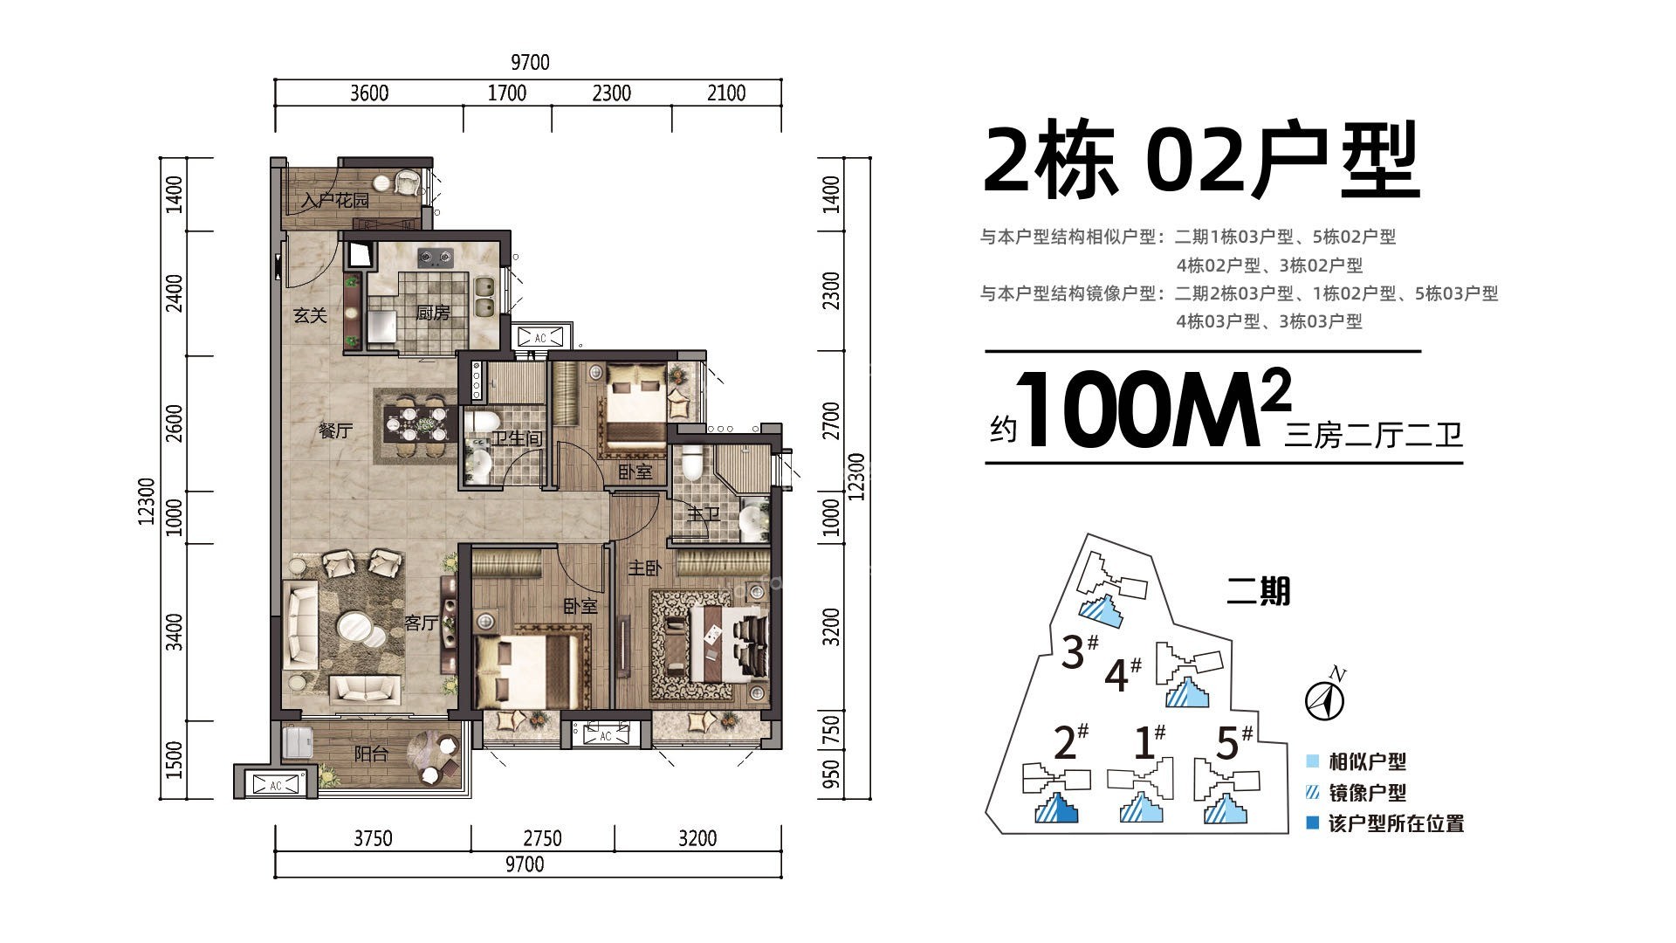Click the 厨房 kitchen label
point(433,313)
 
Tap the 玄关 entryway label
point(310,315)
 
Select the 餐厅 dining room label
point(335,430)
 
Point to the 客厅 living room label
point(421,623)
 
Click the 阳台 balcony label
point(371,754)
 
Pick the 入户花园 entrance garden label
point(335,200)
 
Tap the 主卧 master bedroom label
point(644,568)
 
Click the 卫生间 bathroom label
point(516,437)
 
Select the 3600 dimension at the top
point(368,93)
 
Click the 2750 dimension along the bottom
point(542,838)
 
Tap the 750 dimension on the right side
point(831,729)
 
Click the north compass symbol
point(1324,699)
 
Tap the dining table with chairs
point(413,424)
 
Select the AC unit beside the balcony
point(275,784)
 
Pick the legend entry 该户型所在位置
point(1395,823)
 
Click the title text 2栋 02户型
point(1200,162)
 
